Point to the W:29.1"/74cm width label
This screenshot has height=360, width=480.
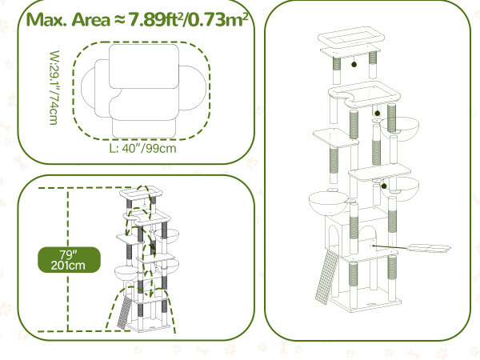click(x=54, y=88)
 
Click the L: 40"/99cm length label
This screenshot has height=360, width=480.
click(x=143, y=149)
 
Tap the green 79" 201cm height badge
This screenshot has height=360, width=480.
click(x=69, y=259)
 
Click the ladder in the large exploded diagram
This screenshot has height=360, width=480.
click(x=325, y=277)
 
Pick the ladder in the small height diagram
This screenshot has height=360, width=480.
click(x=122, y=314)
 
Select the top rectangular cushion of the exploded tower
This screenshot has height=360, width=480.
click(x=351, y=38)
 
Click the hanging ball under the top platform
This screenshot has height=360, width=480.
click(x=354, y=64)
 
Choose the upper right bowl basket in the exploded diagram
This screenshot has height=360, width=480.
click(x=399, y=129)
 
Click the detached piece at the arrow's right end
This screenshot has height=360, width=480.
click(x=430, y=248)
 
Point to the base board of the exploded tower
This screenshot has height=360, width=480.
click(x=365, y=301)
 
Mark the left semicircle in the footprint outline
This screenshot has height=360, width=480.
click(x=88, y=88)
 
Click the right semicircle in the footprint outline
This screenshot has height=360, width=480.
click(x=193, y=88)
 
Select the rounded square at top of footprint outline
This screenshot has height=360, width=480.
click(x=144, y=66)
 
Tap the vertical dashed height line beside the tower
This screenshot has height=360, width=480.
click(x=68, y=259)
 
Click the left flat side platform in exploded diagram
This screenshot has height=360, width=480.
click(x=335, y=137)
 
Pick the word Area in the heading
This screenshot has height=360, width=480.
click(x=91, y=20)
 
